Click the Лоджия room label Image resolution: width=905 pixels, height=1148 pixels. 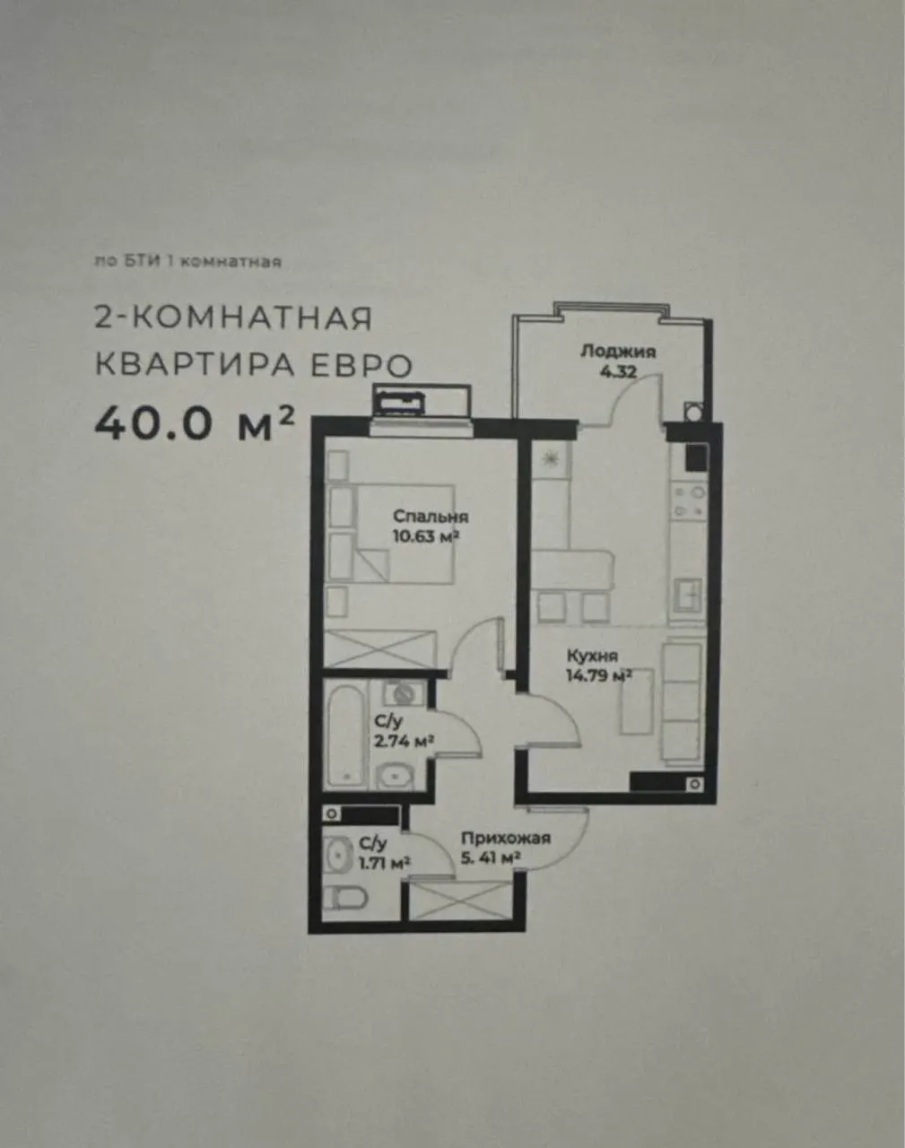pyautogui.click(x=618, y=352)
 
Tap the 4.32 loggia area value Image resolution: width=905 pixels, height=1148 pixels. pyautogui.click(x=618, y=372)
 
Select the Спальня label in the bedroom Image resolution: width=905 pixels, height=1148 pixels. pyautogui.click(x=431, y=517)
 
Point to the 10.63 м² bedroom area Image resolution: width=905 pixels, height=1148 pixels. pyautogui.click(x=426, y=536)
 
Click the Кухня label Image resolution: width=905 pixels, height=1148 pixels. pyautogui.click(x=592, y=656)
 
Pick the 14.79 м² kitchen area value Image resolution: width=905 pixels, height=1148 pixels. pyautogui.click(x=599, y=676)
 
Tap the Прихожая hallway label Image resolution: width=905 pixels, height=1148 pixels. pyautogui.click(x=506, y=838)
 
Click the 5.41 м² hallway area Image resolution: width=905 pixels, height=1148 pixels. pyautogui.click(x=491, y=858)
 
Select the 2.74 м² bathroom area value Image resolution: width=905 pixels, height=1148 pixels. pyautogui.click(x=404, y=742)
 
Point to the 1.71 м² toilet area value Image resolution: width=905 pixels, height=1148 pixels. pyautogui.click(x=385, y=864)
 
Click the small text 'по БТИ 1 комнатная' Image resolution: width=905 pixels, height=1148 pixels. pyautogui.click(x=187, y=262)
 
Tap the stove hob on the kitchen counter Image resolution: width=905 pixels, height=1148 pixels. pyautogui.click(x=688, y=501)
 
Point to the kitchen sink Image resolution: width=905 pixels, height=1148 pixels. pyautogui.click(x=688, y=595)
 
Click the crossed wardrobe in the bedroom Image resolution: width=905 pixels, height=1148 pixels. pyautogui.click(x=379, y=648)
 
